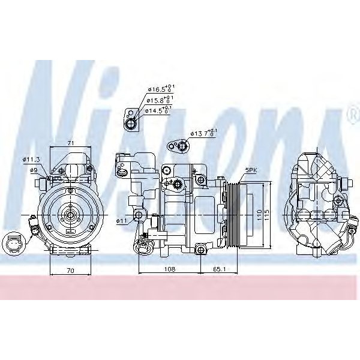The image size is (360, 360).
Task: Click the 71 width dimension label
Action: (x=70, y=143)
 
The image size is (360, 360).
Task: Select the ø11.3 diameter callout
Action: (x=31, y=159)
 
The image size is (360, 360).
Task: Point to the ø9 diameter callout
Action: (x=34, y=170)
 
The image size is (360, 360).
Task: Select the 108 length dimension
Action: (x=170, y=270)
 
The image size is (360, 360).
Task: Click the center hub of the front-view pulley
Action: (x=70, y=215)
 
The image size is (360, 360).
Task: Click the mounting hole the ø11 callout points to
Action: (x=139, y=215)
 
